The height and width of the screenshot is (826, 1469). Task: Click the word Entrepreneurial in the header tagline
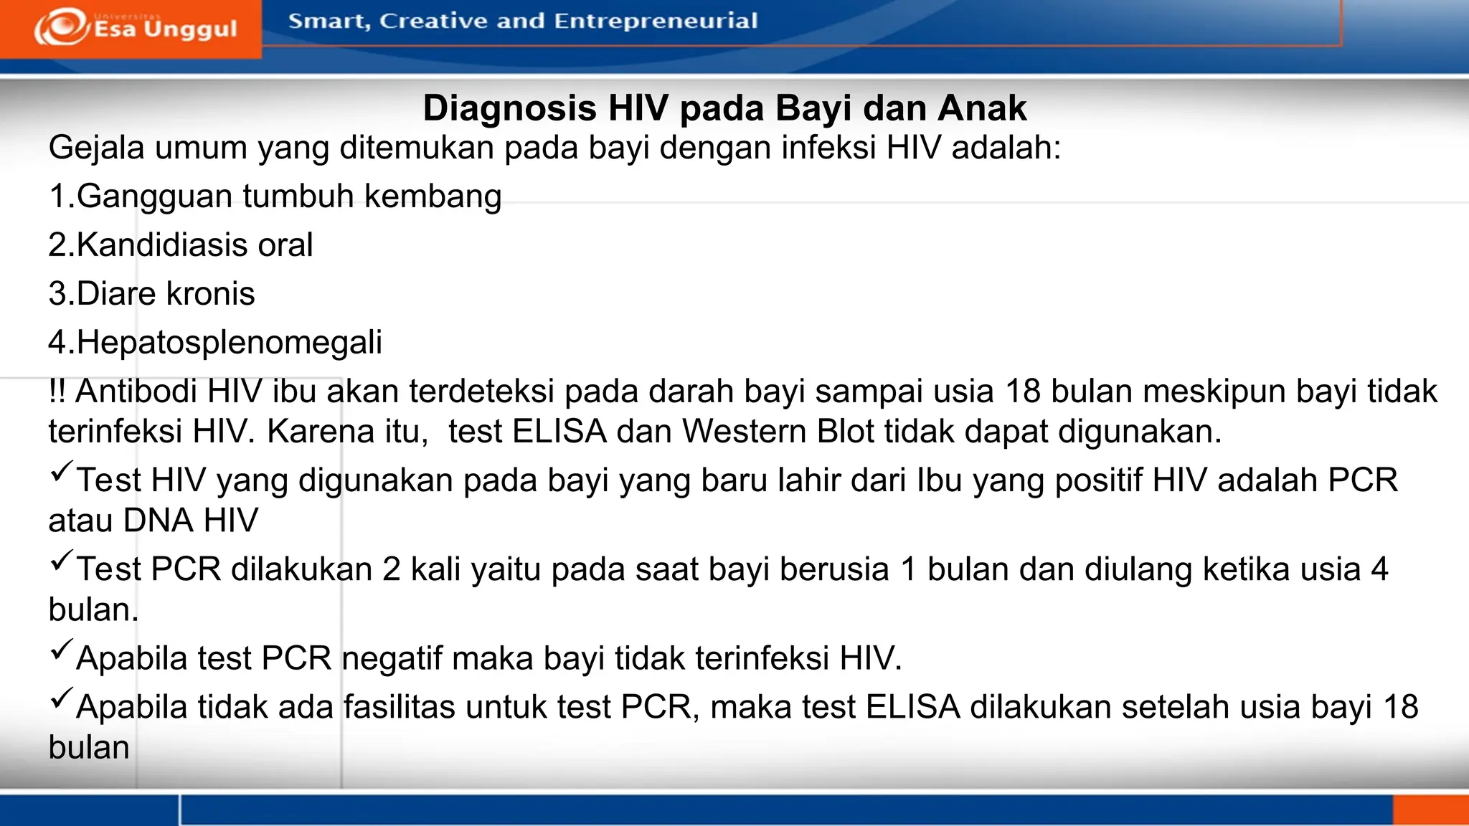click(x=656, y=21)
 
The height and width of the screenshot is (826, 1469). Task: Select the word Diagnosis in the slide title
click(x=509, y=108)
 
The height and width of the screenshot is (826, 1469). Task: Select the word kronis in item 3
click(x=210, y=294)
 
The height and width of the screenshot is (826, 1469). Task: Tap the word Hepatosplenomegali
click(x=229, y=343)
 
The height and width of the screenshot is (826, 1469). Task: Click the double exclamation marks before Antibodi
click(x=57, y=391)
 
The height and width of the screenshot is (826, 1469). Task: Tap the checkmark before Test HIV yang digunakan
click(x=62, y=471)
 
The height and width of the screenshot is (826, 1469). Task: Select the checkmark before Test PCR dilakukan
click(x=62, y=560)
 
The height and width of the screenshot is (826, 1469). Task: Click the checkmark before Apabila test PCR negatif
click(x=62, y=649)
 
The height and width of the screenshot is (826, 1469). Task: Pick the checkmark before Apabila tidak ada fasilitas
click(x=62, y=698)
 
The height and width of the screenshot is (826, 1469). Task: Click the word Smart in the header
click(x=329, y=22)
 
